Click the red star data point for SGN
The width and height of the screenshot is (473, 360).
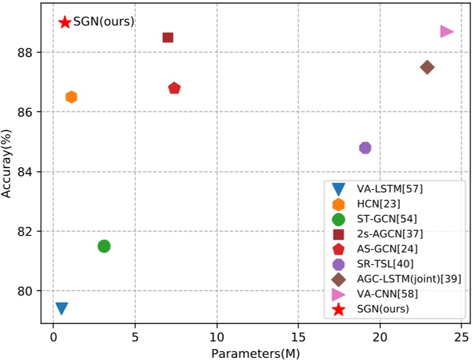pos(65,22)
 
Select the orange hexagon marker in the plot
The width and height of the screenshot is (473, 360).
pos(71,97)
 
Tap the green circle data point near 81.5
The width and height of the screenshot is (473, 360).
pos(104,246)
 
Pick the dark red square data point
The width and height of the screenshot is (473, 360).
pos(168,37)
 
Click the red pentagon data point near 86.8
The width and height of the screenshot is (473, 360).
pos(174,88)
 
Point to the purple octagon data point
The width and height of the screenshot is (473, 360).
pos(365,148)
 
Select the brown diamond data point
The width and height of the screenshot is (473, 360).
pos(427,67)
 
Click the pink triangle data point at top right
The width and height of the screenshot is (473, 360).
pos(446,31)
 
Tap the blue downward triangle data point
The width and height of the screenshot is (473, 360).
pos(61,309)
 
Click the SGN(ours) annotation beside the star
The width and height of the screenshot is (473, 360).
pos(104,22)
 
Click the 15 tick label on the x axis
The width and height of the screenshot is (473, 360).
pos(298,337)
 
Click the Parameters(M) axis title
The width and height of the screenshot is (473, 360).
pos(255,352)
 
